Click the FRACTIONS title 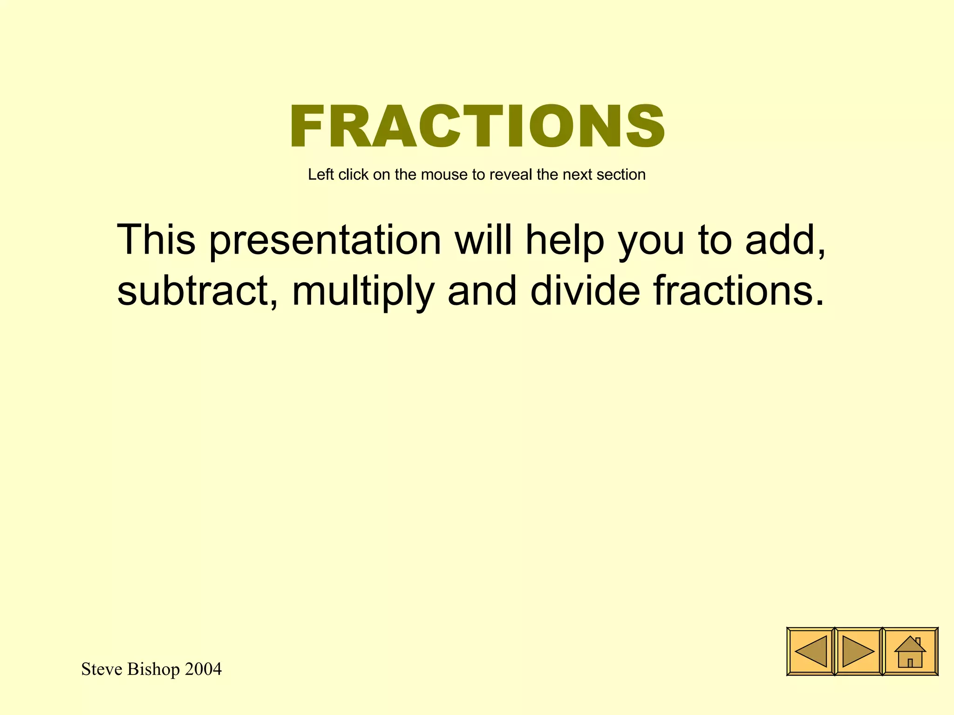477,126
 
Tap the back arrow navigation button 811,651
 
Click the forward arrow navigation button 859,651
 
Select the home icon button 910,651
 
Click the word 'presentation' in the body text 325,241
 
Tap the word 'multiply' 363,292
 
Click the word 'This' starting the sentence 156,241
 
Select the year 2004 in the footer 203,669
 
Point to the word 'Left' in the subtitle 321,175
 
